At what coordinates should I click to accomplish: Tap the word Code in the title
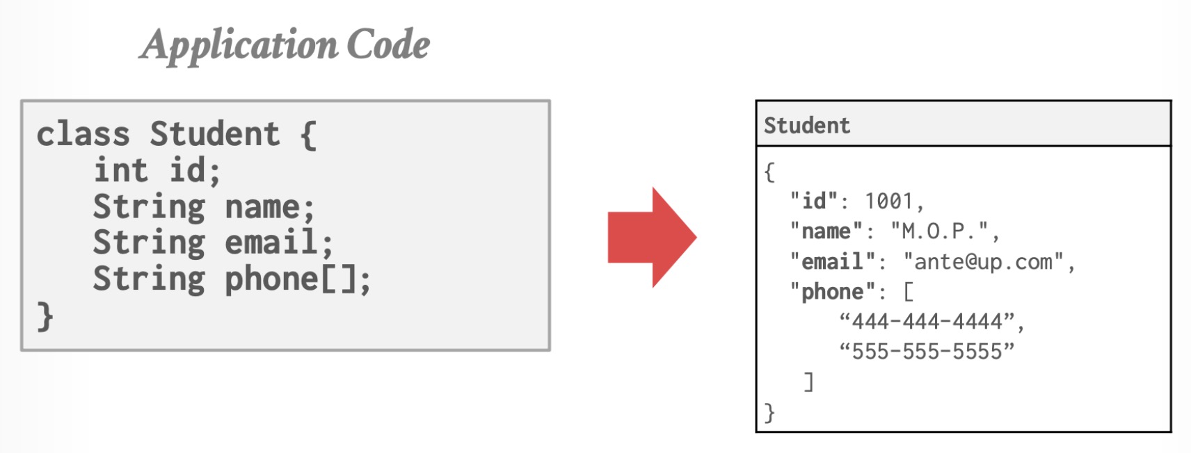tap(388, 45)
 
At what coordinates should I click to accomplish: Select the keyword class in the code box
tap(83, 134)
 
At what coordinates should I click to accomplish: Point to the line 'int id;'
tap(157, 170)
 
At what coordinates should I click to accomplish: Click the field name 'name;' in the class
tap(269, 207)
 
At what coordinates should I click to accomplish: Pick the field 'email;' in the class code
tap(278, 242)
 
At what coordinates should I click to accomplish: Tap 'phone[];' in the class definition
tap(297, 279)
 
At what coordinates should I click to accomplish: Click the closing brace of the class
tap(45, 316)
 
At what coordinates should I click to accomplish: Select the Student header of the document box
tap(807, 125)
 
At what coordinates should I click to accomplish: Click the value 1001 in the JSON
tap(888, 201)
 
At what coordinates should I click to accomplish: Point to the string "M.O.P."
tap(939, 231)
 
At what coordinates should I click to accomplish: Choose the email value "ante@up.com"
tap(983, 262)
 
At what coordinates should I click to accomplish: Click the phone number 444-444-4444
tap(927, 321)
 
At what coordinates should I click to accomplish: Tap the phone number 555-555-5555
tap(927, 352)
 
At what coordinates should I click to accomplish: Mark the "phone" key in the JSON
tap(831, 292)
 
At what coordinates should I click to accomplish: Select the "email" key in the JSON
tap(832, 262)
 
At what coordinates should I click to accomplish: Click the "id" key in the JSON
tap(813, 201)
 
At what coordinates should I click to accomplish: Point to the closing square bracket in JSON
tap(808, 381)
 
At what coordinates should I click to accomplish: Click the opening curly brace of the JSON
tap(769, 172)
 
